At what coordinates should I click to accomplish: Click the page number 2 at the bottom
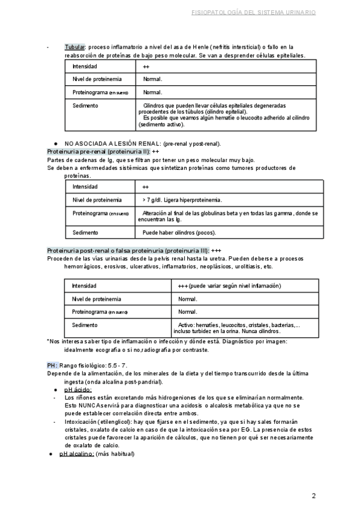tap(314, 496)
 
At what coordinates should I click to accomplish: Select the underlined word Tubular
tap(75, 47)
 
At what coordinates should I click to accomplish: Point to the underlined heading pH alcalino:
tap(76, 453)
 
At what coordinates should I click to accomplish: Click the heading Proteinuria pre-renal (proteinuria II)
tap(98, 152)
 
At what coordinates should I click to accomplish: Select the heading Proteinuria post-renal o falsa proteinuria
tap(127, 250)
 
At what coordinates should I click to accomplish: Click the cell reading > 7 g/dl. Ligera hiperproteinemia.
tap(182, 199)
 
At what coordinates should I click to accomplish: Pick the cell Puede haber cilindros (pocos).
tap(179, 232)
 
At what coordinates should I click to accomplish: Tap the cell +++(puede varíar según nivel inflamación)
tap(226, 286)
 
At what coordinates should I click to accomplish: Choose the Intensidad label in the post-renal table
tap(84, 286)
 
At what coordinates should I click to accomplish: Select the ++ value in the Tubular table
tap(146, 66)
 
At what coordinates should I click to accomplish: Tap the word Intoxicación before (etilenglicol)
tap(83, 421)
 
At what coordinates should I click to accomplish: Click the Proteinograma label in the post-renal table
tap(100, 312)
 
